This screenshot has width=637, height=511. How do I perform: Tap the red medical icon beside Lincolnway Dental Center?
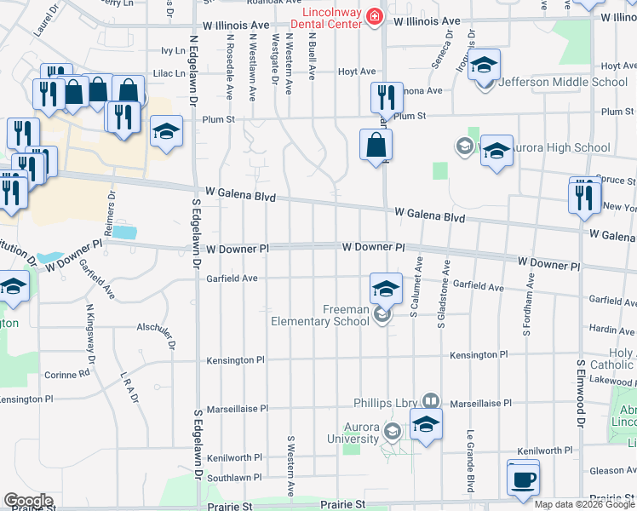373,16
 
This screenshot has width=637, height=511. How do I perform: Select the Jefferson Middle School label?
575,83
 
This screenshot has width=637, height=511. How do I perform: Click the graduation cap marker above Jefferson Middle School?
484,66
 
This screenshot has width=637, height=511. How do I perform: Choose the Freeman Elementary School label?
320,315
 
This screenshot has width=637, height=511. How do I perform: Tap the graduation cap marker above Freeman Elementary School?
386,290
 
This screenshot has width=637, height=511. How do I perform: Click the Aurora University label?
349,433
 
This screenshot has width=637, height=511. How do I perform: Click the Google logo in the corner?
27,501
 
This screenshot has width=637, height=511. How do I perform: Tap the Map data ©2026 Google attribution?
584,504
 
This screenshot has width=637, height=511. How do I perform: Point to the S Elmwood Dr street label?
581,393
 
